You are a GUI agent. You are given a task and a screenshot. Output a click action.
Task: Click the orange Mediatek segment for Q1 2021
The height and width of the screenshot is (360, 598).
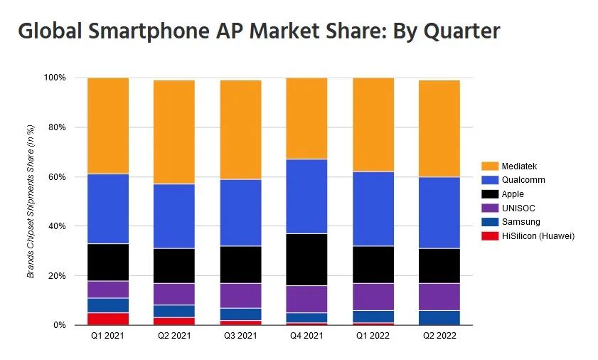coord(107,126)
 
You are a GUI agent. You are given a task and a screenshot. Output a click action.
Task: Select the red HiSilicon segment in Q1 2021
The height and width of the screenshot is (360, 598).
coord(107,319)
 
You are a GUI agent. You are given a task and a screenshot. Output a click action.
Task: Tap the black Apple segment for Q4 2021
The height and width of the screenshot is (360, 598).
coord(306,260)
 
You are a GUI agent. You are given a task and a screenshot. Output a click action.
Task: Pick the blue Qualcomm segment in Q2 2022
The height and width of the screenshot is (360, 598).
coord(439,213)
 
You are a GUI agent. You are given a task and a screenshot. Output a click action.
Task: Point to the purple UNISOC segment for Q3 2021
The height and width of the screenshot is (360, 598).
coord(240,296)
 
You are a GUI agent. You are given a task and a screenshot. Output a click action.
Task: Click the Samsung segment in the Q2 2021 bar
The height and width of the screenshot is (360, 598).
coord(174,312)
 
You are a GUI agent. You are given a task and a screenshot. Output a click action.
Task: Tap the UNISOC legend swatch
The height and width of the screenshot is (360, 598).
coord(490,208)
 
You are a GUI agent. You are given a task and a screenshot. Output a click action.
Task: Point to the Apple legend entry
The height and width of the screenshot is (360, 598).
coord(512,194)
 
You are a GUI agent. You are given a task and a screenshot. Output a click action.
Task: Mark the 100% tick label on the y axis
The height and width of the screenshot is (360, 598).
coord(55,78)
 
